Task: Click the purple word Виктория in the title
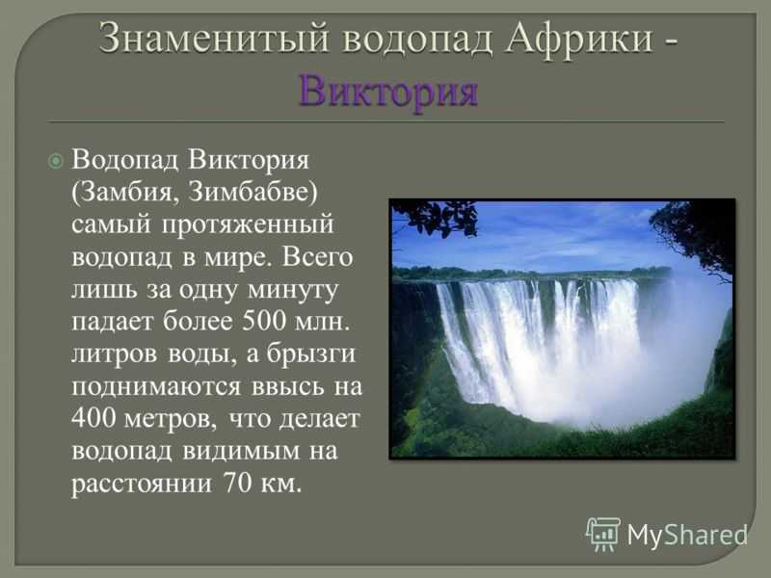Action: [388, 92]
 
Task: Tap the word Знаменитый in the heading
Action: [214, 38]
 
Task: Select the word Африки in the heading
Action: [580, 38]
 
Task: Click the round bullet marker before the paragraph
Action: [56, 161]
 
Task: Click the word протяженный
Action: [248, 225]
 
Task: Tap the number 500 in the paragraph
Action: [264, 321]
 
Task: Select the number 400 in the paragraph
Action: [93, 418]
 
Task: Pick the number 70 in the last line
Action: [238, 483]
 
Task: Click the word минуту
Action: [293, 290]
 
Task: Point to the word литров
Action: [114, 355]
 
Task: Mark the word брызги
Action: [310, 354]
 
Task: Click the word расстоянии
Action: [142, 485]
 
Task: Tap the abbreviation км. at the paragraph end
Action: [280, 485]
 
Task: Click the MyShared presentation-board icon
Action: [603, 534]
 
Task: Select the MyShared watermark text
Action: [687, 535]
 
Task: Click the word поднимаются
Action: [156, 387]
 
